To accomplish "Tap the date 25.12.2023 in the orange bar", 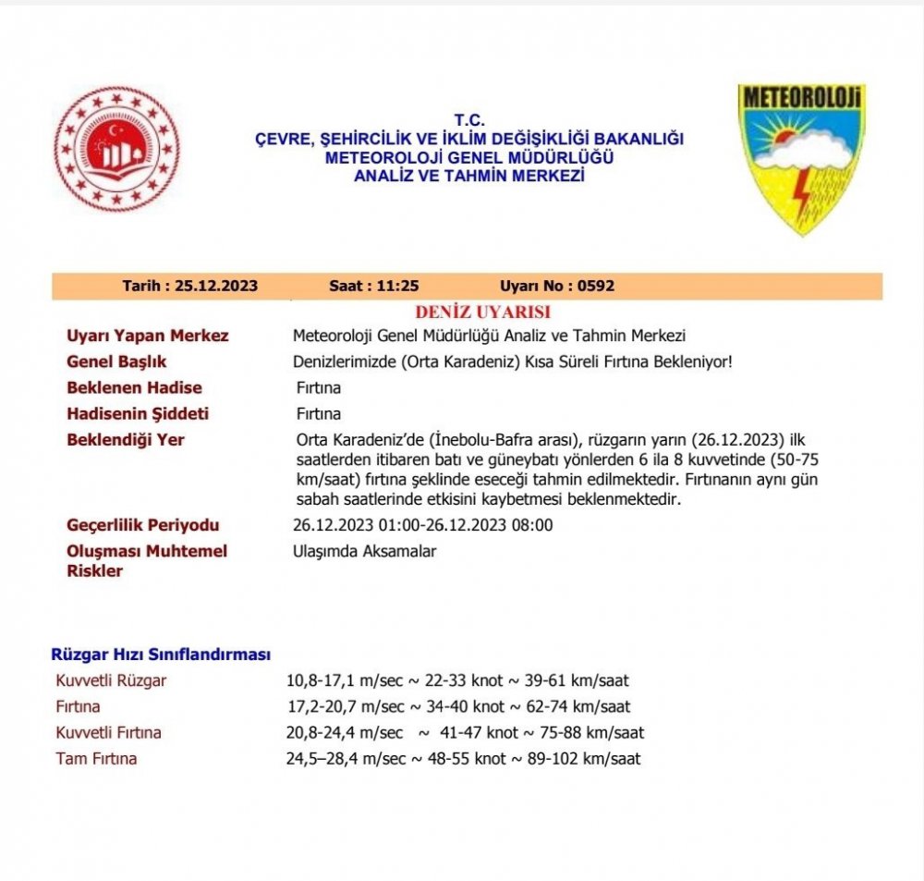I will [214, 286].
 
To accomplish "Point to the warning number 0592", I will [595, 286].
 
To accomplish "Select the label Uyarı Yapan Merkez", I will [148, 336].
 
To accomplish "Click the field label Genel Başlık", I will [116, 361].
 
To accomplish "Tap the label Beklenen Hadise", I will [134, 387].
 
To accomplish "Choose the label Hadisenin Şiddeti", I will [138, 413].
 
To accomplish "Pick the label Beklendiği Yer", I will [126, 439].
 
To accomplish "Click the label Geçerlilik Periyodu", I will [143, 525].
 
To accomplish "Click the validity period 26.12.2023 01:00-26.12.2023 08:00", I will [422, 525].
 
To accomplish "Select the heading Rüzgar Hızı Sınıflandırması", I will [161, 655].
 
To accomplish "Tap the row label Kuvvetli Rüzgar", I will [112, 681].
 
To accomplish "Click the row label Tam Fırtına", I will [97, 759].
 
